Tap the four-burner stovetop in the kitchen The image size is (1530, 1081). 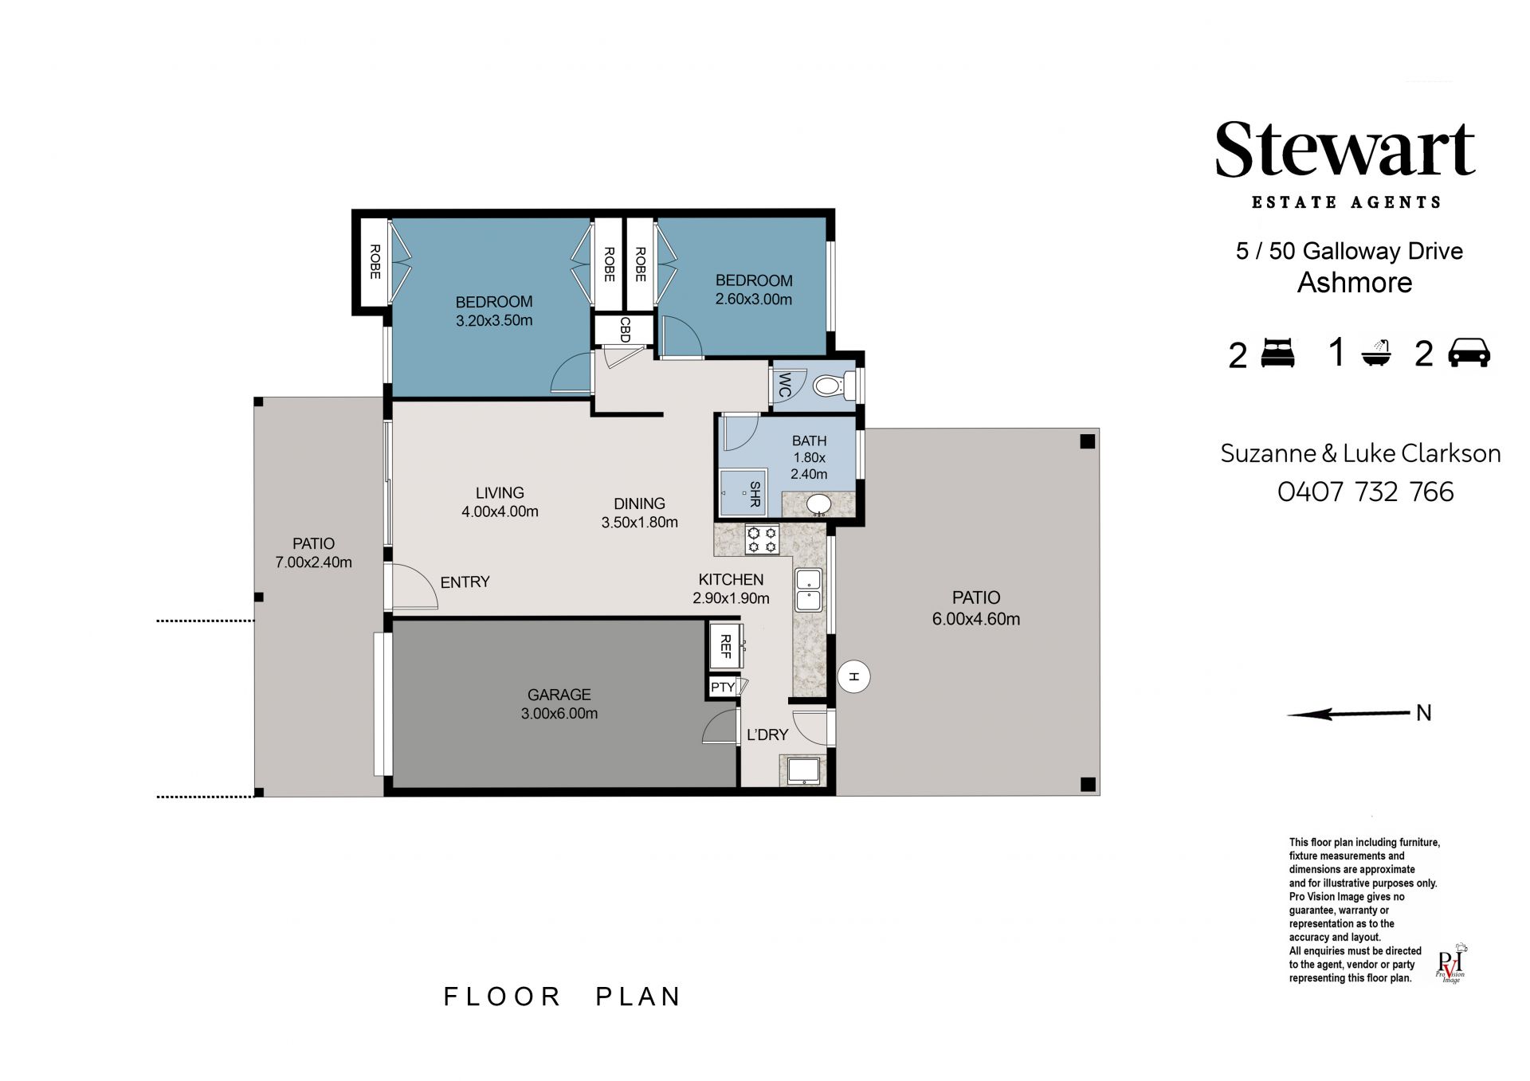pos(761,540)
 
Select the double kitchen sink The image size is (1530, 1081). pos(808,590)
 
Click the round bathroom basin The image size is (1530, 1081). pos(817,505)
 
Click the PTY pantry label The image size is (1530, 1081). pos(723,687)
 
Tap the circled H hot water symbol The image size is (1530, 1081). pos(854,677)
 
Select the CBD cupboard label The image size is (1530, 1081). pos(625,329)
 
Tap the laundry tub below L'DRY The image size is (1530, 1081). pos(802,771)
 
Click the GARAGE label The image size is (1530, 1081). pos(559,695)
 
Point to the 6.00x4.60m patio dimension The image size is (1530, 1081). pos(976,619)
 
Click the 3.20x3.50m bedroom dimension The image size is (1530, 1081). pos(494,321)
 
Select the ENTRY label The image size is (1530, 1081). pos(465,582)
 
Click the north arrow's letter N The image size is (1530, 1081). pos(1424,713)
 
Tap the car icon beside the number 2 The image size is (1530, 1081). pos(1469,352)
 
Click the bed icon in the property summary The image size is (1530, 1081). pos(1279,352)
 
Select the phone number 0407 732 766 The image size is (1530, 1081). pos(1366,492)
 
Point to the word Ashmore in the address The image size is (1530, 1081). pos(1355,283)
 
